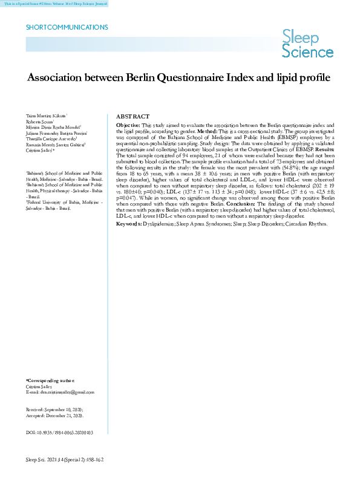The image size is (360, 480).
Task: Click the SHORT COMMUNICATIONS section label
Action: tap(67, 28)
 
